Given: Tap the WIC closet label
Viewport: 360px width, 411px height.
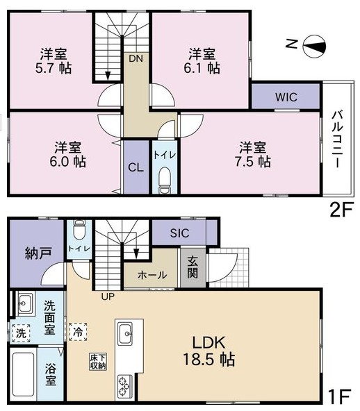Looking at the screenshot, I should (x=286, y=97).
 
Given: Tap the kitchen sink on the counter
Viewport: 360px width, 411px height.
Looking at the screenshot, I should (x=127, y=333).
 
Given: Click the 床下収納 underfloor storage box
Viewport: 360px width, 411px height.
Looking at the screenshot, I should (x=97, y=362).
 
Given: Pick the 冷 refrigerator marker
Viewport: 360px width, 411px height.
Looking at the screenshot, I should (x=79, y=332).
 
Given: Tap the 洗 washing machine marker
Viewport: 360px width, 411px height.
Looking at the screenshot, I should (x=20, y=333).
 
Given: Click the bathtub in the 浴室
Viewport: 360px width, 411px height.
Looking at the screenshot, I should (x=23, y=376).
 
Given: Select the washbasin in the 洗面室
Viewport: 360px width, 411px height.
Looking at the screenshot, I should (x=24, y=303).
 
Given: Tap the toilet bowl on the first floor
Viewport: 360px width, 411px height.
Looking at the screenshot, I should (x=78, y=230).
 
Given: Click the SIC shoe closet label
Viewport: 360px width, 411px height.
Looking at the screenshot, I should (x=179, y=233).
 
